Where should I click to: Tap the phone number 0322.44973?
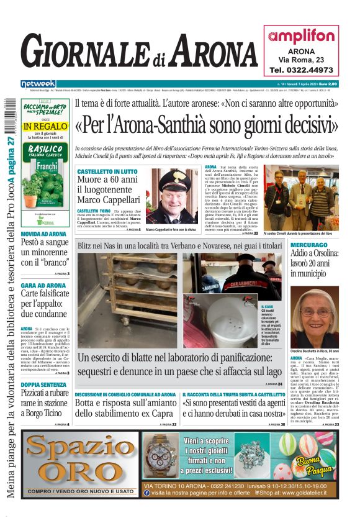[x=301, y=70]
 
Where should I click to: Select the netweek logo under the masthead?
[x=38, y=83]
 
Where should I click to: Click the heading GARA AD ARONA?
[x=43, y=285]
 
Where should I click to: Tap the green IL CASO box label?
[x=268, y=306]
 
